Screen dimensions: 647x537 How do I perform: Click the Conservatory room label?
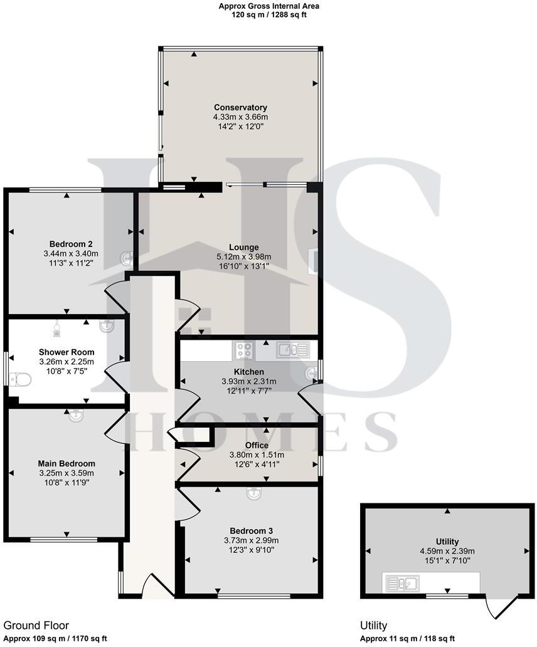[240, 107]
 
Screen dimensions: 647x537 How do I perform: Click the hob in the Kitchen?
[244, 350]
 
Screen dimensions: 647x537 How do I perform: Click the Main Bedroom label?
[66, 464]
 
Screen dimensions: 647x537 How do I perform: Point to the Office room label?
[257, 445]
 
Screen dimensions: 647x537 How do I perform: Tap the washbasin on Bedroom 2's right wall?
[127, 257]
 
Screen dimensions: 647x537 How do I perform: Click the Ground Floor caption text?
[36, 625]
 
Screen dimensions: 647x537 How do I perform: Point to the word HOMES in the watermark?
[263, 432]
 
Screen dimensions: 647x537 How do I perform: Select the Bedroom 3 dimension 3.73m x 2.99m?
[251, 540]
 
